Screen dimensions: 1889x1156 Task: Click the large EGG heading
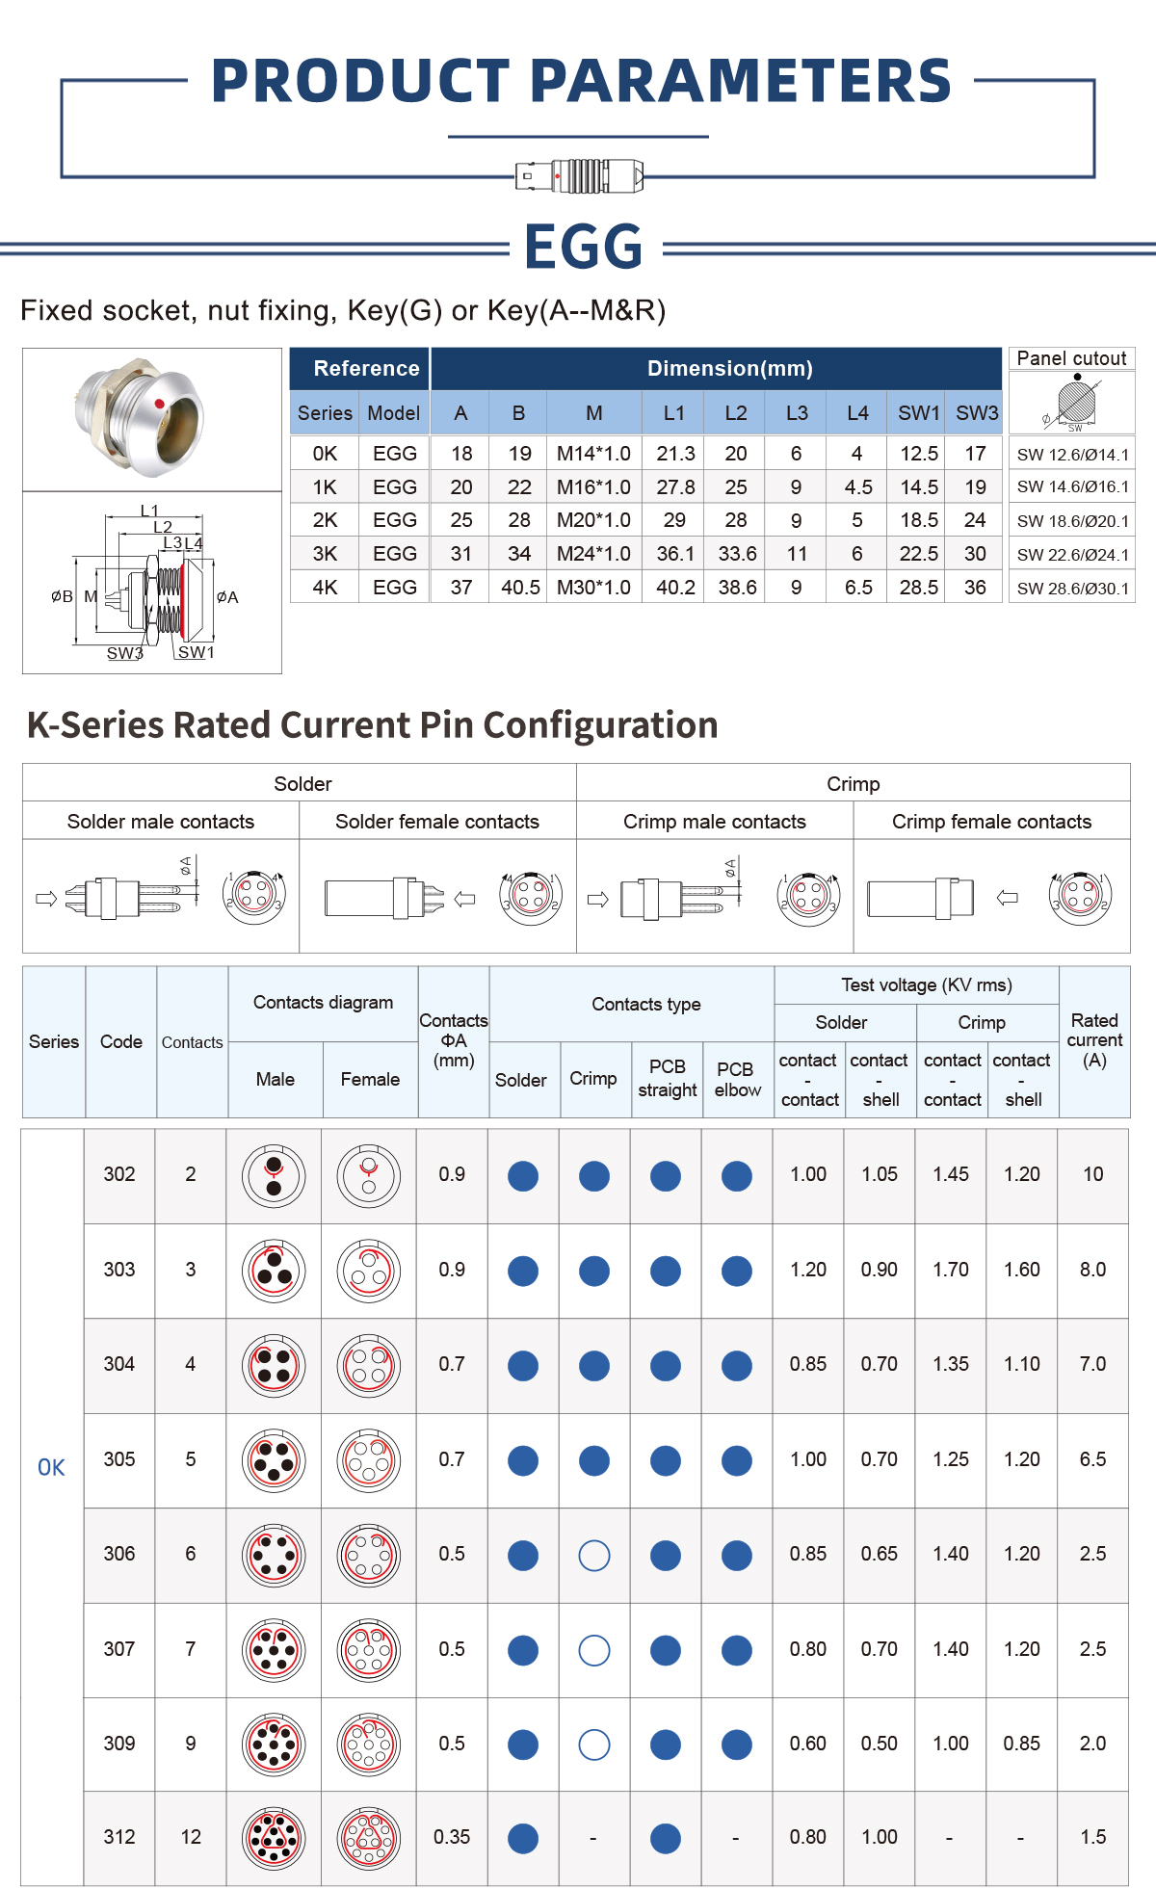tap(584, 247)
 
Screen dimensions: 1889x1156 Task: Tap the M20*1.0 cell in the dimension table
tap(593, 520)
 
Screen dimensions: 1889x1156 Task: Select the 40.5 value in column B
tap(520, 588)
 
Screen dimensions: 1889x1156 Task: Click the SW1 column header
tap(918, 413)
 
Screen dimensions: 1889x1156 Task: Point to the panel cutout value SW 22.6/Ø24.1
tap(1072, 555)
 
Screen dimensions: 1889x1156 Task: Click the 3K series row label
tap(325, 554)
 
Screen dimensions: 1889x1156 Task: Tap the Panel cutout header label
tap(1071, 358)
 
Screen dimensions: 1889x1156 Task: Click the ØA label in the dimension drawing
tap(227, 597)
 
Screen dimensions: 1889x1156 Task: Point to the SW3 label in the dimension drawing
tap(124, 653)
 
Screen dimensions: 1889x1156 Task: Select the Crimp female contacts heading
tap(991, 822)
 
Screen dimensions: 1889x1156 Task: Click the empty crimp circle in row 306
tap(594, 1555)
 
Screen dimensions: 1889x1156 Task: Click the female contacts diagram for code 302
tap(369, 1175)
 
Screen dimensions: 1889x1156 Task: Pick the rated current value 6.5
tap(1092, 1459)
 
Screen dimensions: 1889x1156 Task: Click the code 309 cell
tap(119, 1744)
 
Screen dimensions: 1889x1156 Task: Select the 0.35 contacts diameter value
tap(452, 1837)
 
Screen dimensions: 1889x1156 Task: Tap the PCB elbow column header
tap(738, 1079)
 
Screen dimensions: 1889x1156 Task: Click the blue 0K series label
tap(51, 1468)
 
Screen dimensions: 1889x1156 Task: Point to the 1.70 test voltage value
tap(951, 1270)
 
